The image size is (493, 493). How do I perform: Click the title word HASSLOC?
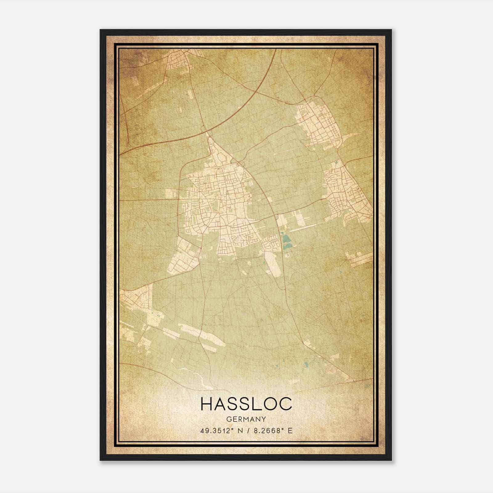246,404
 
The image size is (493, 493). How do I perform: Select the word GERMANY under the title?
246,419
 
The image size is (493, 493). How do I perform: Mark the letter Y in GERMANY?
264,419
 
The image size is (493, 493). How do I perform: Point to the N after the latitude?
239,431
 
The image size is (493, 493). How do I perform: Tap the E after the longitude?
290,431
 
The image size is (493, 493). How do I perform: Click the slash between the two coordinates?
248,431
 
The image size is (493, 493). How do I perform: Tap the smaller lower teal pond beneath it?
287,247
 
